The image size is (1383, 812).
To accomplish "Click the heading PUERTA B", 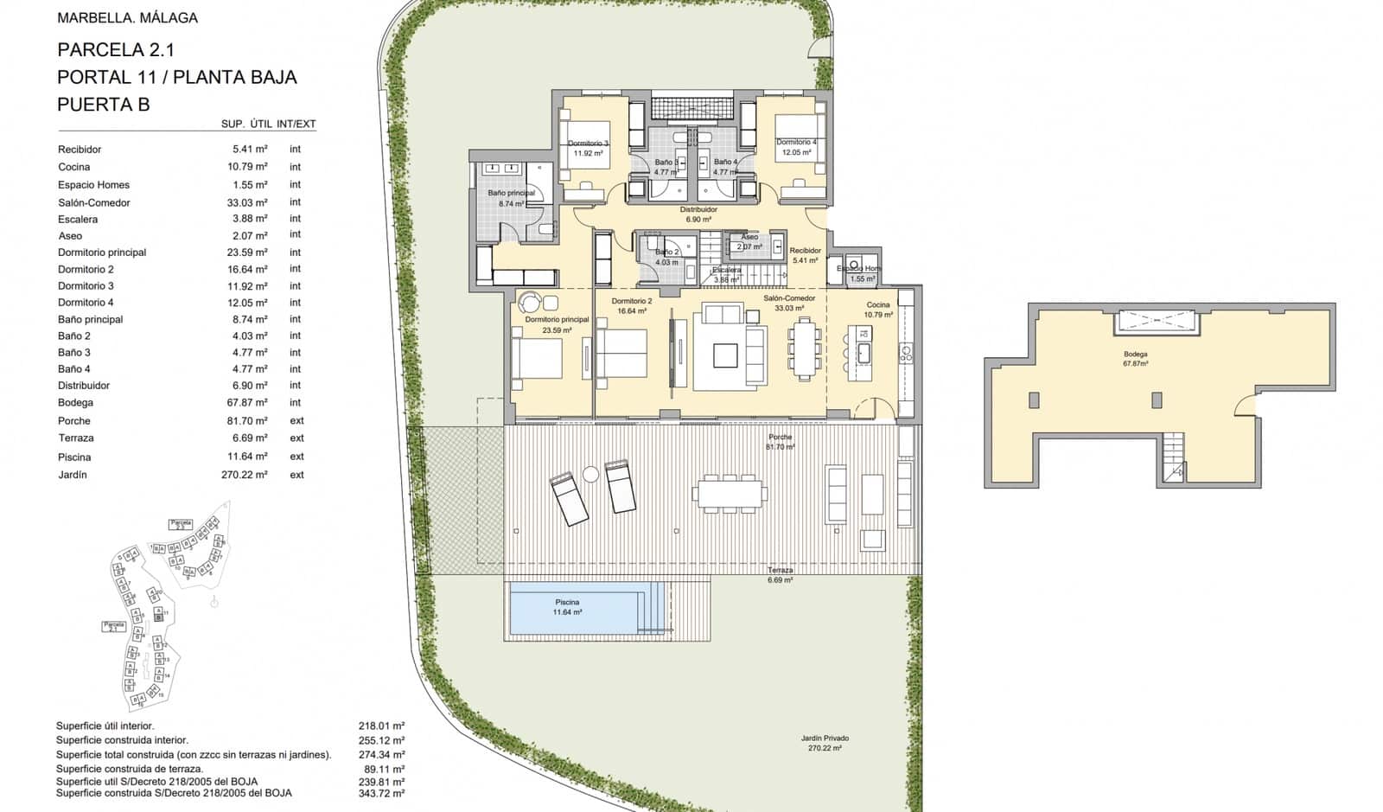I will (103, 105).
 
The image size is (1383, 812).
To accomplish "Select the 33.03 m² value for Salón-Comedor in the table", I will (250, 202).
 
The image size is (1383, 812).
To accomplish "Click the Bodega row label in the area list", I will (75, 403).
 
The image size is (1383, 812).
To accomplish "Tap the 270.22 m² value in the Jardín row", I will (244, 475).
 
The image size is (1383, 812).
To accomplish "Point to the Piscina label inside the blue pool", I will (567, 602).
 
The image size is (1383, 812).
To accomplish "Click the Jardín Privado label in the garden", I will (824, 738).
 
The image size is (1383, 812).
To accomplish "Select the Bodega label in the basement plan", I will (1135, 355).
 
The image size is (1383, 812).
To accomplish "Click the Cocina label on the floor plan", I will (878, 305).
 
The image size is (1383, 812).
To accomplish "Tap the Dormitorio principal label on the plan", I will (557, 320).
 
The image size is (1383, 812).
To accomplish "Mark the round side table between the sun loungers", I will (590, 474).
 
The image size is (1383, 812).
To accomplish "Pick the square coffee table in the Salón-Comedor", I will (725, 355).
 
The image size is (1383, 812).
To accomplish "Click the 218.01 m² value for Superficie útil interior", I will (381, 726).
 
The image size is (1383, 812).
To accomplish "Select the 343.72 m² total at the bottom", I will (381, 793).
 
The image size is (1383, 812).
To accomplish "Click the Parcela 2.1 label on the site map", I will (113, 625).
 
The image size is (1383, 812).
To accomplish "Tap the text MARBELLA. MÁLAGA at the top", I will (127, 17).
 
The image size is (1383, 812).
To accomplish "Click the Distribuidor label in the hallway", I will (698, 209).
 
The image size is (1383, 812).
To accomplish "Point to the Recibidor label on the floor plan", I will (805, 251).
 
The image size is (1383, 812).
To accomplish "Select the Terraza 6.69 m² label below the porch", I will (780, 575).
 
